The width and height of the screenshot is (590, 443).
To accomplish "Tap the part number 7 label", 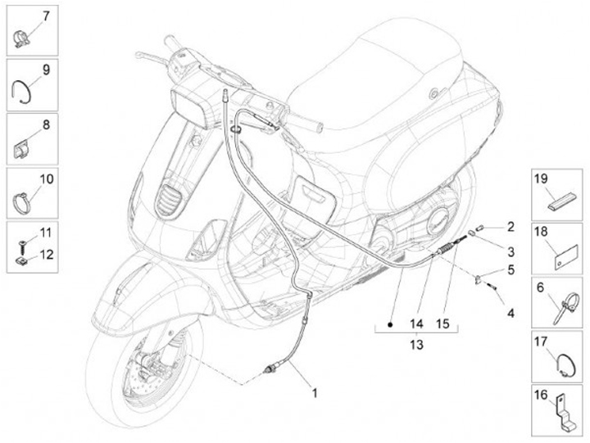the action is tap(45, 16).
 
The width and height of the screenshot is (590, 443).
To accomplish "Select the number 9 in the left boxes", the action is tap(45, 70).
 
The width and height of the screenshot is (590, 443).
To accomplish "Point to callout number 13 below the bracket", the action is tap(416, 346).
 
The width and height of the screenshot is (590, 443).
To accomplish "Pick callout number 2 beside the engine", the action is tap(510, 226).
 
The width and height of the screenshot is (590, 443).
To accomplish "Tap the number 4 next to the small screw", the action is tap(510, 312).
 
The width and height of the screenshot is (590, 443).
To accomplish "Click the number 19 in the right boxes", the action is tap(541, 179).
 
